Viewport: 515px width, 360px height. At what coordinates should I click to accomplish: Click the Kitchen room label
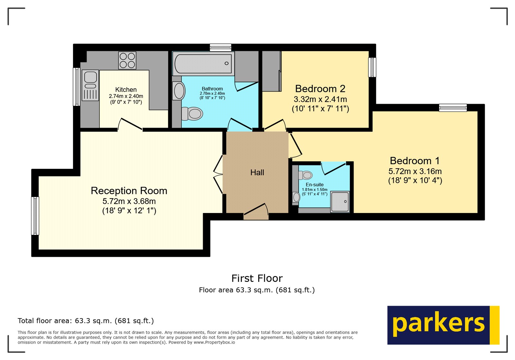coord(126,90)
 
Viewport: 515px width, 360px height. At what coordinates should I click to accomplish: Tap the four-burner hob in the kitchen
coord(127,60)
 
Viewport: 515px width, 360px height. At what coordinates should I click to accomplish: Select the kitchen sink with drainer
coord(90,85)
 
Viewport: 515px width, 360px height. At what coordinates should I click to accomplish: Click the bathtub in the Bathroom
coord(203,63)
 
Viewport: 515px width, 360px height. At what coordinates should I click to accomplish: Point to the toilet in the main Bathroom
coord(192,114)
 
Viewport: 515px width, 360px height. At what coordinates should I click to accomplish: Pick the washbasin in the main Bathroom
coord(179,91)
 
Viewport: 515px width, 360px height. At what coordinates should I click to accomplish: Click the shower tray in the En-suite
coord(340,202)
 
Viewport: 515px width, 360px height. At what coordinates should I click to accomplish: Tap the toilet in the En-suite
coord(306,175)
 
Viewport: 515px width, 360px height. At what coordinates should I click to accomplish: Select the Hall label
coord(257,173)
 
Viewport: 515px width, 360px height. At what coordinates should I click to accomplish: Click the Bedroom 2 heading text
coord(320,89)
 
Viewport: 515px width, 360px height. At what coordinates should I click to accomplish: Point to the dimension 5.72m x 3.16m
coord(415,171)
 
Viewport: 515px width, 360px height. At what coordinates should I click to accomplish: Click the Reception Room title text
coord(129,191)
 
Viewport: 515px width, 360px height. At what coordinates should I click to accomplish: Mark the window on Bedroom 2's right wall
coord(372,67)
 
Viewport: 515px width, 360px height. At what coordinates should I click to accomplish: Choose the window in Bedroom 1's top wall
coord(453,108)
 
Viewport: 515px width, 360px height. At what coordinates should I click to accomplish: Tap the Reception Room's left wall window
coord(35,216)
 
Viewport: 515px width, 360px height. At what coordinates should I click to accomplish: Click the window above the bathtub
coord(220,48)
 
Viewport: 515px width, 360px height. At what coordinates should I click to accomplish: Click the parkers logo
coord(443,325)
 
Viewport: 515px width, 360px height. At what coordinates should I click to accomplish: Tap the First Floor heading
coord(257,278)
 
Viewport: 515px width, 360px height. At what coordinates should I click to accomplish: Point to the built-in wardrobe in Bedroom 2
coord(271,71)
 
